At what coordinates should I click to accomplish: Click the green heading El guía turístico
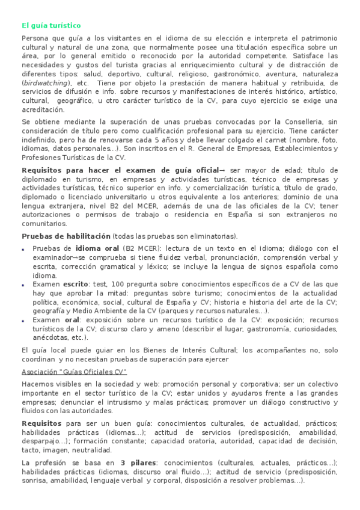coord(51,25)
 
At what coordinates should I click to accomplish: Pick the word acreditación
coord(43,109)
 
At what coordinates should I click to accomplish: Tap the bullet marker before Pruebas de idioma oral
coord(23,248)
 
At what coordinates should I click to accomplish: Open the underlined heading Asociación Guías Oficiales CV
coord(74,371)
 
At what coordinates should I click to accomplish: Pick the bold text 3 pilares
coord(139,462)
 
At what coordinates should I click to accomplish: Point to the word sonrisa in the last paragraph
coord(35,481)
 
